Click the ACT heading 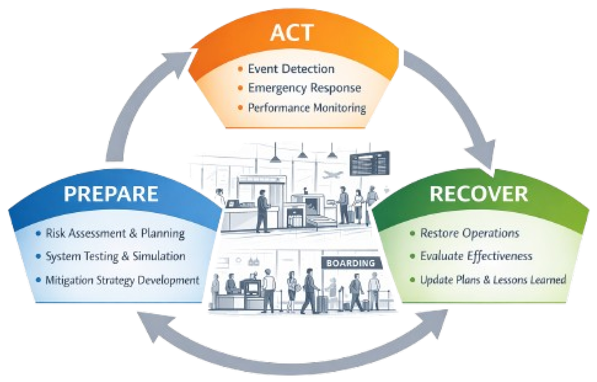292,33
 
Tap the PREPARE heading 111,194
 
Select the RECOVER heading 479,194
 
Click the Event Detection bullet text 291,69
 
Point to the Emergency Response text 304,88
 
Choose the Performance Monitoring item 307,108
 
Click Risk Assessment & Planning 115,233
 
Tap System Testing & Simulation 115,257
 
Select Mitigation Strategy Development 122,280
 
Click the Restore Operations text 469,233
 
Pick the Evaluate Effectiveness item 476,257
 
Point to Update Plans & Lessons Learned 493,280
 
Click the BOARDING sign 351,263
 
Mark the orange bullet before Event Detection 240,69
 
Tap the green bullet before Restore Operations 412,233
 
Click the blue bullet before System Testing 38,256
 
